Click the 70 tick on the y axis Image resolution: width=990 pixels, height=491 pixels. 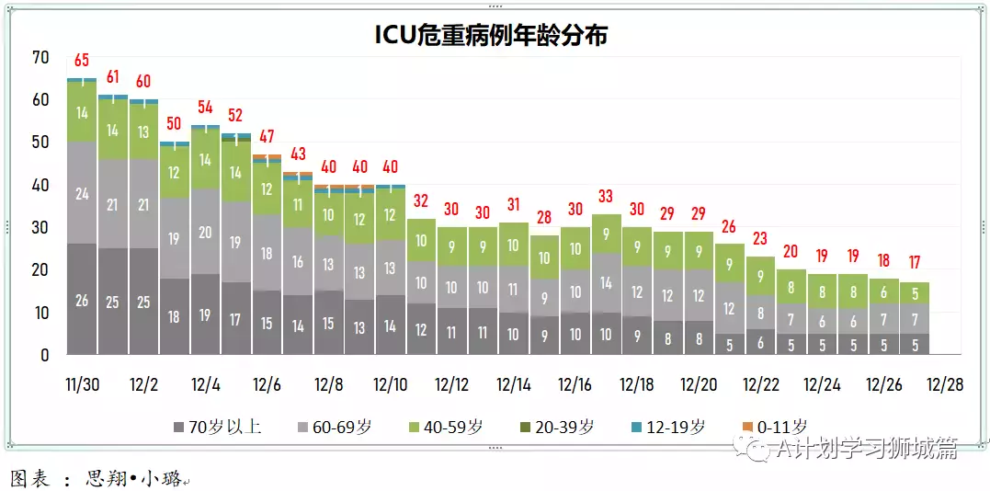pos(40,57)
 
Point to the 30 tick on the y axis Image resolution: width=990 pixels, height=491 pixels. pos(40,227)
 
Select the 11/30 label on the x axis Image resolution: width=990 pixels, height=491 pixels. pos(82,383)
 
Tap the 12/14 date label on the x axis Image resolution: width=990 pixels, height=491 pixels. pos(514,383)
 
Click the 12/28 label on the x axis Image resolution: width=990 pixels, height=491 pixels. pos(945,383)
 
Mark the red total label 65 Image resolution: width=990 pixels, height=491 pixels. pos(82,61)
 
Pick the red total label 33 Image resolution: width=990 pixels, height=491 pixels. pos(606,196)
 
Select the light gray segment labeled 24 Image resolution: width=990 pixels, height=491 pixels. pos(82,193)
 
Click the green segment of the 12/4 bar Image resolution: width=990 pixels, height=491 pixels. pos(205,159)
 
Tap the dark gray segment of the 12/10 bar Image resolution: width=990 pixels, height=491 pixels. pos(390,325)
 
